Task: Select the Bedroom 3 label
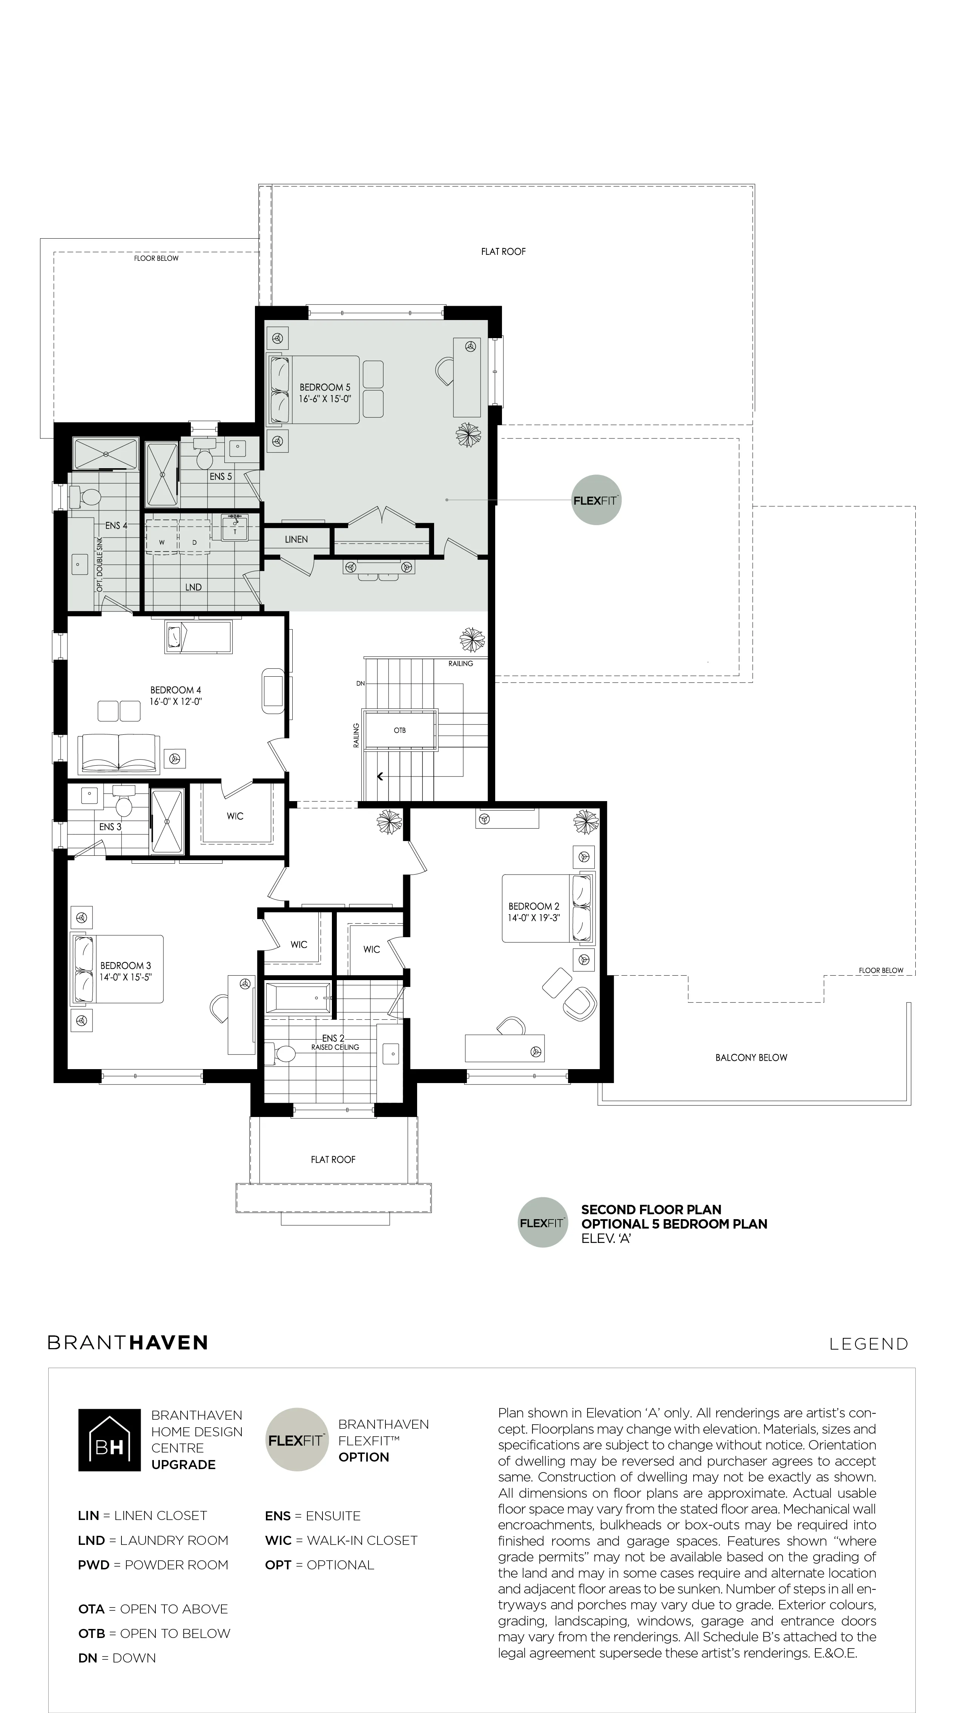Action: tap(126, 965)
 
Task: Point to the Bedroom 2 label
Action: tap(534, 906)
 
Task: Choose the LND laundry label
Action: tap(193, 587)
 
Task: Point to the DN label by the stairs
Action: tap(361, 683)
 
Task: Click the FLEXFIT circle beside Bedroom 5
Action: tap(596, 500)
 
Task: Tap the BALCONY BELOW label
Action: tap(751, 1057)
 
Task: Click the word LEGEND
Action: tap(869, 1344)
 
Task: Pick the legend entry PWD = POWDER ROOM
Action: tap(153, 1565)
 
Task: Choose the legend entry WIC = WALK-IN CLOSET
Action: tap(341, 1540)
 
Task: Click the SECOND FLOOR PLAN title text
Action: tap(651, 1210)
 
